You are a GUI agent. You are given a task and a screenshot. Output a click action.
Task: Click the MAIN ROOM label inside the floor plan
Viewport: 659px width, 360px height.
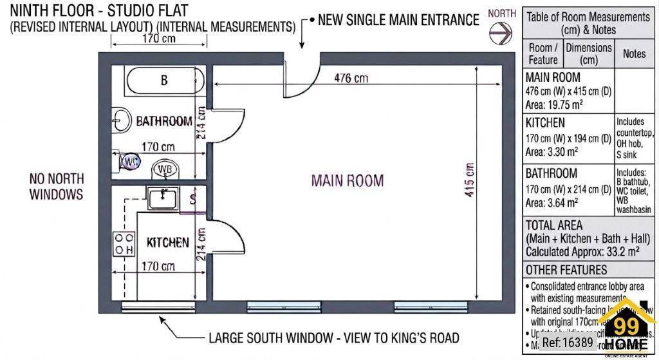point(348,180)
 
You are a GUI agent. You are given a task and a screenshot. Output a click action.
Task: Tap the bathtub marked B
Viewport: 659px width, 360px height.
point(165,81)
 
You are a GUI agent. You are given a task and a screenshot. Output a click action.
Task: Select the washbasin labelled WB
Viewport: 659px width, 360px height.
point(165,169)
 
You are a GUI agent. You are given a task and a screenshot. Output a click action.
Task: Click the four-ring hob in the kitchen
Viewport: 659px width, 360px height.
point(124,243)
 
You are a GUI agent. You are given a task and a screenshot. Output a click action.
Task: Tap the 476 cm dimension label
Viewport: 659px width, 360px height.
point(351,78)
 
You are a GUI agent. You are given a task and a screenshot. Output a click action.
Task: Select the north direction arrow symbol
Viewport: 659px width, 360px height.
point(500,31)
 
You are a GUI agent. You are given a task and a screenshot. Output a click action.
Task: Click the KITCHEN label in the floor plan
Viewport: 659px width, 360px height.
point(168,243)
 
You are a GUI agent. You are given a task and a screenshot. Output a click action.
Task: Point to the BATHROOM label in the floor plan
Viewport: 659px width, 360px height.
point(164,121)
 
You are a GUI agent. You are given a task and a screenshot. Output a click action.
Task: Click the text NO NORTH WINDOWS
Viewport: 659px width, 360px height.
point(57,185)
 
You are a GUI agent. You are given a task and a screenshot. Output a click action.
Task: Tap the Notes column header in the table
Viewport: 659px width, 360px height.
point(634,54)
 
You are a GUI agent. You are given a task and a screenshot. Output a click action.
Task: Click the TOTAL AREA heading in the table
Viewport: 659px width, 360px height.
point(554,225)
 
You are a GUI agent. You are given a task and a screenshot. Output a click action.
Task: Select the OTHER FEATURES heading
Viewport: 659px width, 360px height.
point(566,270)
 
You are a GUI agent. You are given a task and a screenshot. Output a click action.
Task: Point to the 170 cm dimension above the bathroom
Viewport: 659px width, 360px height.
point(159,39)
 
